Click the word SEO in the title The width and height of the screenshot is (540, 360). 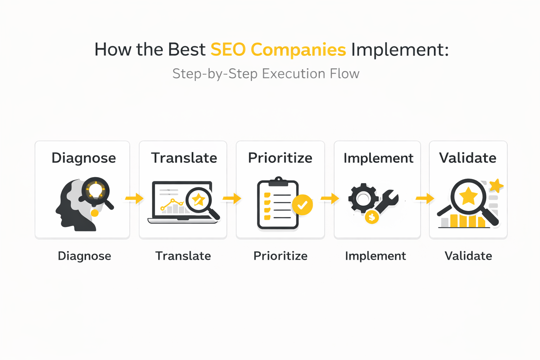point(228,50)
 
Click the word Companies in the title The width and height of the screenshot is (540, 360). point(298,50)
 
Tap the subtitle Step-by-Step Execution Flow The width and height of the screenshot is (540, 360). point(266,74)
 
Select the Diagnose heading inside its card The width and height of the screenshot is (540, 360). point(84,159)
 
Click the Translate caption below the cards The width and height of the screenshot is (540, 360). point(183,256)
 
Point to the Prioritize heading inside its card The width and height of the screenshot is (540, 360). point(280,158)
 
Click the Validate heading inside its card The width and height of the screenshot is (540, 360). point(468,158)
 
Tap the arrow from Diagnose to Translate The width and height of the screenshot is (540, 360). point(134,198)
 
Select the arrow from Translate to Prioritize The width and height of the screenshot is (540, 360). point(232,198)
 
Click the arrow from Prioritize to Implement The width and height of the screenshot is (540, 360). point(330,198)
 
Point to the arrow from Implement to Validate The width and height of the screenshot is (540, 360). point(425,198)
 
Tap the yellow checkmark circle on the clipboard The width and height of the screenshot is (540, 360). point(302,205)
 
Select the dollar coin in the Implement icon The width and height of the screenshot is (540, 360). point(372,217)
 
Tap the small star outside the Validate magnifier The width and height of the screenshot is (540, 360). point(496,185)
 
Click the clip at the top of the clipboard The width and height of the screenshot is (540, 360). point(278,181)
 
